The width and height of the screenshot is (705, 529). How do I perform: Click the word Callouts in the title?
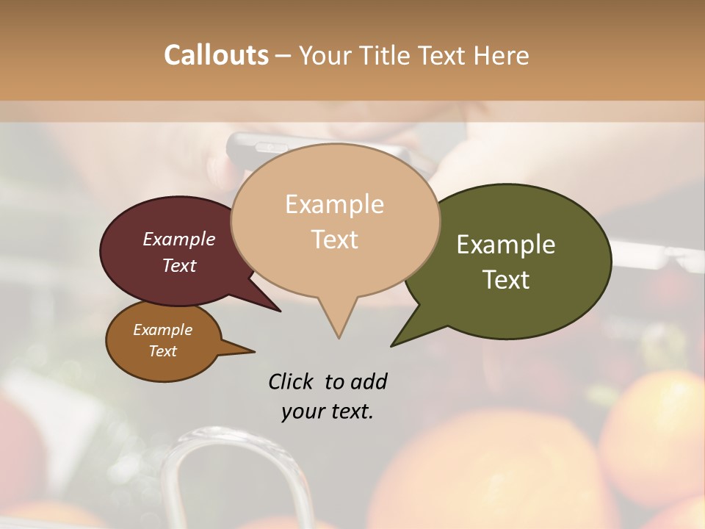216,55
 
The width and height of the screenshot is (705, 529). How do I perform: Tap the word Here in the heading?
501,55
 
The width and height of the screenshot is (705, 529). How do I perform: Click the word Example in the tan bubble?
334,204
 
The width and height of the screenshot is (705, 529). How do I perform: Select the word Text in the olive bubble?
506,280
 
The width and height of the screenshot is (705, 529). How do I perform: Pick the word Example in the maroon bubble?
179,239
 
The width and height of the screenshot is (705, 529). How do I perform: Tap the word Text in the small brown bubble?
163,351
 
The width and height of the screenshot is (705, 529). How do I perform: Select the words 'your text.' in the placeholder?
328,411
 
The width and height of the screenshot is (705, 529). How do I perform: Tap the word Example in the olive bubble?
506,245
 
